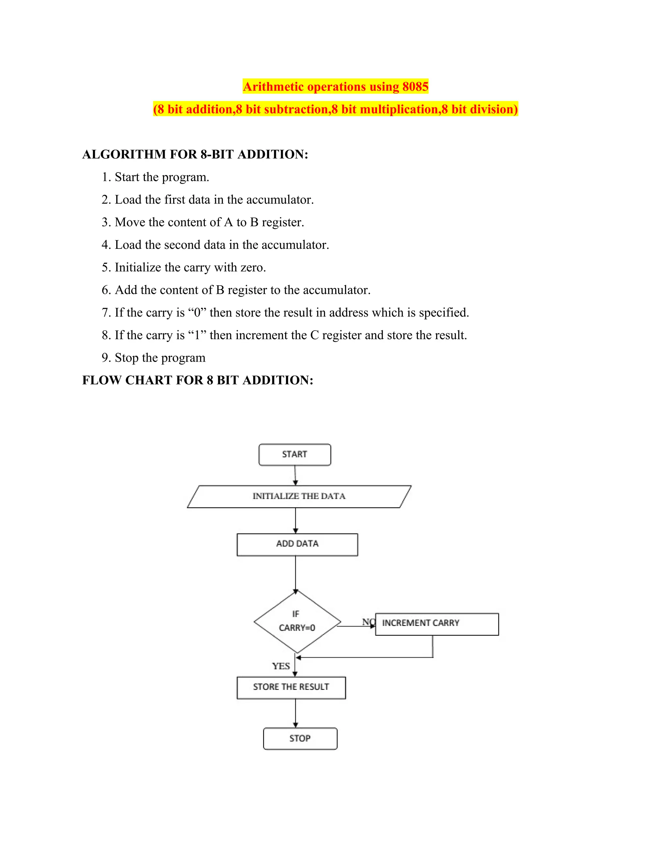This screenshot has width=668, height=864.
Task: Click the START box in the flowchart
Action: coord(295,454)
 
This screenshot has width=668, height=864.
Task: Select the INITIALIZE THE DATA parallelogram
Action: coord(299,497)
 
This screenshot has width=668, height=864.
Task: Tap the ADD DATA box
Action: coord(297,544)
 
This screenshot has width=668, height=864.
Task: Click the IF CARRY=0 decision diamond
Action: coord(297,621)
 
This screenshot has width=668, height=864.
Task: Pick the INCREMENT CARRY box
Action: coord(436,624)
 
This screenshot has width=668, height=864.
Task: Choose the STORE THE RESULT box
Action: coord(291,688)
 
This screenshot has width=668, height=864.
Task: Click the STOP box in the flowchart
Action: coord(300,738)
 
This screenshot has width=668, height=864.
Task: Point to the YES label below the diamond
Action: coord(281,666)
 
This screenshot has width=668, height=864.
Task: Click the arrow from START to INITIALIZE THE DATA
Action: coord(295,475)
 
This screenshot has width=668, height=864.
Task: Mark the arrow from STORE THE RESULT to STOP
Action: coord(295,713)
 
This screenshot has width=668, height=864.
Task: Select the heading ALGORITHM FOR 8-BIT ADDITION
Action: coord(195,154)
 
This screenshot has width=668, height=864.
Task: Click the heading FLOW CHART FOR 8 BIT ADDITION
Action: coord(197,380)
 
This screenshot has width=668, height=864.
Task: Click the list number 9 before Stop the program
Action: coord(105,358)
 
